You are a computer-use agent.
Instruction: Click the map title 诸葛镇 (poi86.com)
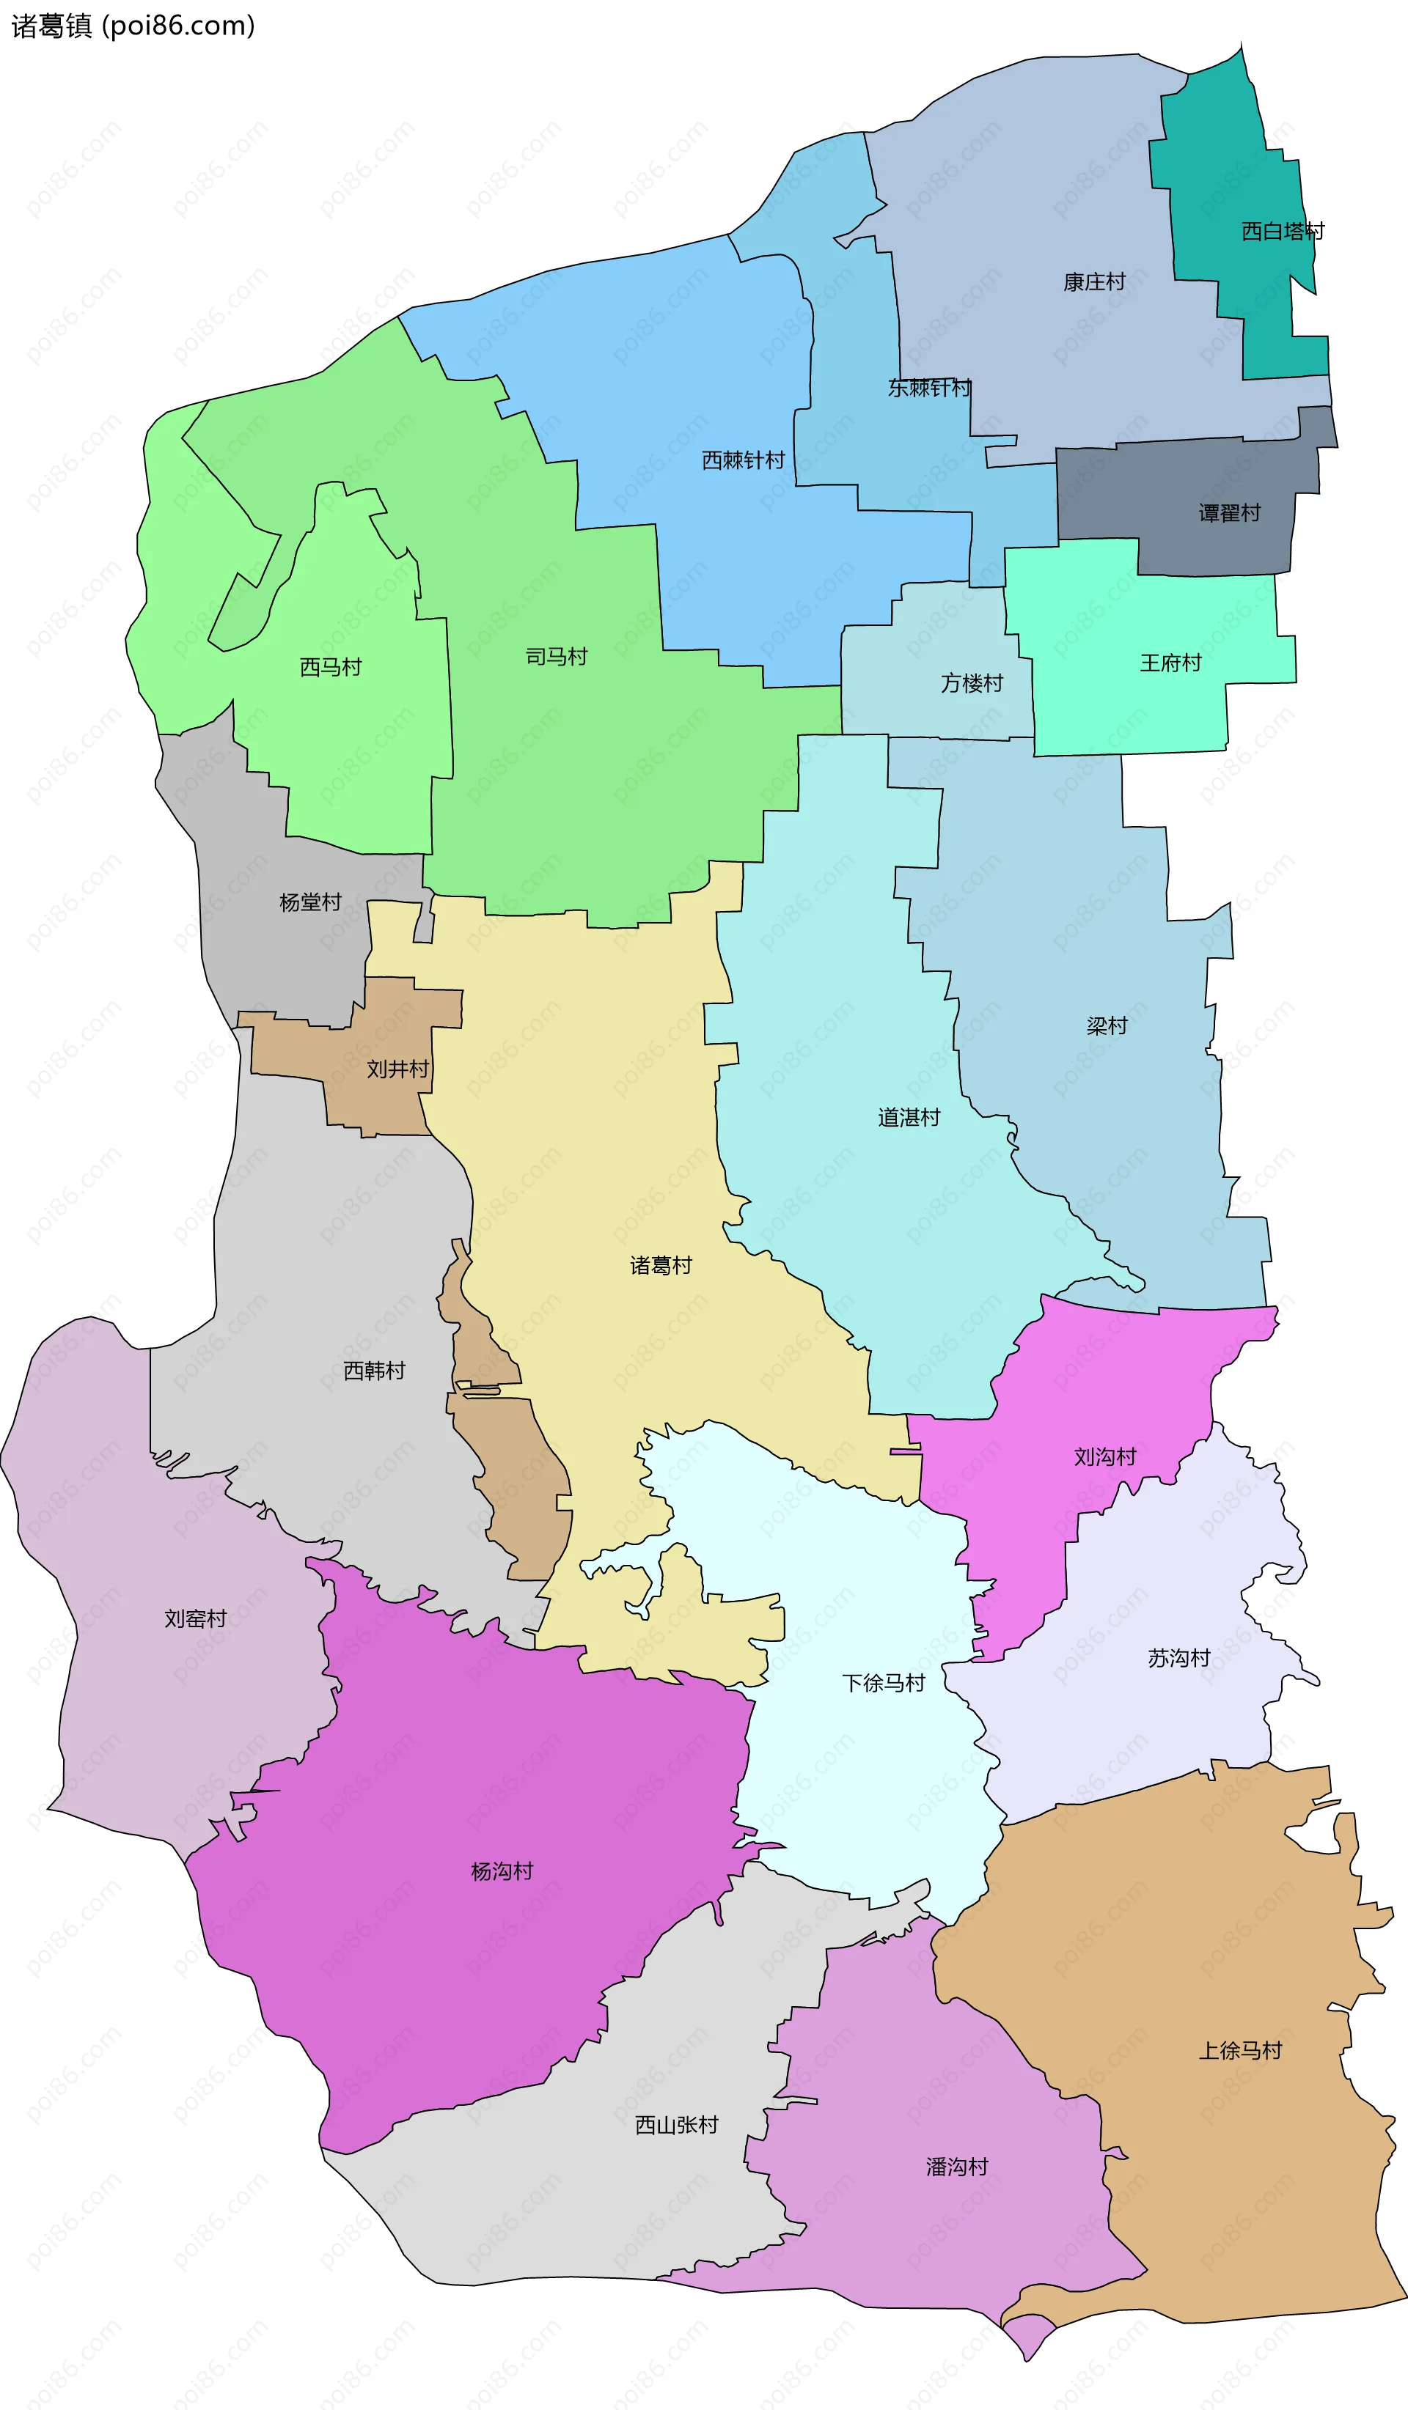coord(133,26)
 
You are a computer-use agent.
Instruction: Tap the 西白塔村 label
coord(1283,232)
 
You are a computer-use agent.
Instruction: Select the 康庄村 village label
coord(1094,282)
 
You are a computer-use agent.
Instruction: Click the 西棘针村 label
coord(743,461)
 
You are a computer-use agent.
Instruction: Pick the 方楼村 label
coord(972,684)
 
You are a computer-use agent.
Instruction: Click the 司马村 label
coord(557,657)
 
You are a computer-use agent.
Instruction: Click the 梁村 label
coord(1107,1026)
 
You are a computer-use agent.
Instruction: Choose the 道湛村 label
coord(909,1118)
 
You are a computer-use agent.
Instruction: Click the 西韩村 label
coord(374,1371)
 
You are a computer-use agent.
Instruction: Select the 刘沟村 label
coord(1105,1457)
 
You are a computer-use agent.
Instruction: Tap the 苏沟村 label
coord(1178,1658)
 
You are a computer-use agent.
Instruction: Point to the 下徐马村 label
coord(883,1683)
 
